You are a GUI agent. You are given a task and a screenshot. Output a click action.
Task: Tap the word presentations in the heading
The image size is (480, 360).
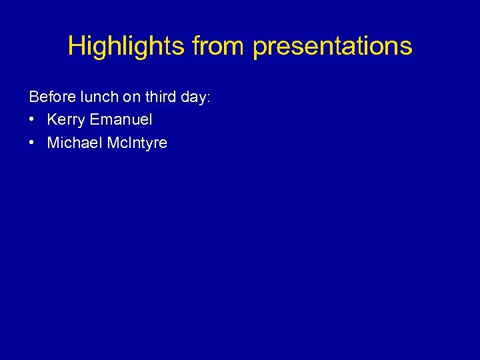[x=333, y=46]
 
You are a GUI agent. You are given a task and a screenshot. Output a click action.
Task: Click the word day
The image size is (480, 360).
[x=194, y=97]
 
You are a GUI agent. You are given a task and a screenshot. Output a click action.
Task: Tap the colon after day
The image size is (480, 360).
[x=209, y=98]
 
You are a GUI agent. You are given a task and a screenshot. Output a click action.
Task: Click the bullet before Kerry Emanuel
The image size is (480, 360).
[x=32, y=120]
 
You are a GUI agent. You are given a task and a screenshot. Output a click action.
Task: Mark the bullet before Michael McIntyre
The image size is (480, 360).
[x=32, y=143]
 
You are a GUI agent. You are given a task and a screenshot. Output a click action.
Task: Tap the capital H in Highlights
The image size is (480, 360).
[x=75, y=46]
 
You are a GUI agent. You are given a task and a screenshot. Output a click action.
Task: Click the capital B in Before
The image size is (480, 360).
[x=34, y=97]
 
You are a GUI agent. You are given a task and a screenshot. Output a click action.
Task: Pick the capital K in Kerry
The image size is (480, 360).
[x=52, y=119]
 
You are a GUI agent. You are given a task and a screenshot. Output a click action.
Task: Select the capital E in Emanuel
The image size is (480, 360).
[x=94, y=119]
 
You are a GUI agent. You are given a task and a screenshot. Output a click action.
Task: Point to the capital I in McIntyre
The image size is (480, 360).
[x=128, y=142]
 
